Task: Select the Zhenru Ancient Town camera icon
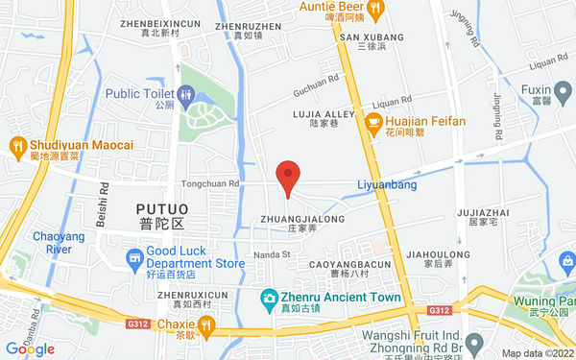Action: tap(271, 299)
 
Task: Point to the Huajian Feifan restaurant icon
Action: tap(373, 122)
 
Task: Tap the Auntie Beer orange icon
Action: tap(374, 8)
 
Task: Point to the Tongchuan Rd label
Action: tap(207, 180)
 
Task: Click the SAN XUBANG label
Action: tap(372, 36)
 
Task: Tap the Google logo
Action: tap(30, 348)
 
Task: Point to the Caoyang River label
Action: tap(53, 243)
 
